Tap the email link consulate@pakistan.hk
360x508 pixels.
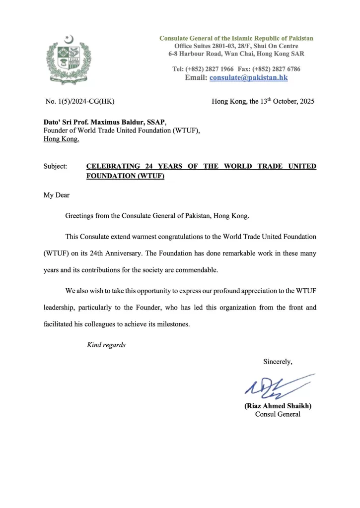[x=249, y=78]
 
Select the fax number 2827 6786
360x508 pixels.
[x=284, y=69]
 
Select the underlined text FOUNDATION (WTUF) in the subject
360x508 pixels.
[x=125, y=176]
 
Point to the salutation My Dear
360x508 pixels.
[x=57, y=195]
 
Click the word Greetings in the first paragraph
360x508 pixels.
[x=83, y=216]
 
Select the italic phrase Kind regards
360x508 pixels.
[x=106, y=345]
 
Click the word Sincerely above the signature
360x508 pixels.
[x=278, y=362]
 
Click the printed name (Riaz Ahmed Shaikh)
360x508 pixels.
[x=278, y=405]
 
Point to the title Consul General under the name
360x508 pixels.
[x=278, y=414]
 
